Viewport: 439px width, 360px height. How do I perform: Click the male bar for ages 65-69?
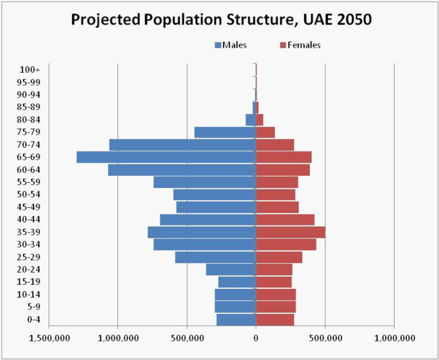click(x=166, y=157)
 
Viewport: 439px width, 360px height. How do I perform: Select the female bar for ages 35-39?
click(x=290, y=232)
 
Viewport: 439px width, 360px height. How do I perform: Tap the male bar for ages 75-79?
click(x=225, y=132)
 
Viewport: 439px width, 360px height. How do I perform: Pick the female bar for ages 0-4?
click(x=275, y=319)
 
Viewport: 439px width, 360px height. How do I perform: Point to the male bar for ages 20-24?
click(x=231, y=270)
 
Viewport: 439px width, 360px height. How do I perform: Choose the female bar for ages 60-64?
click(x=283, y=170)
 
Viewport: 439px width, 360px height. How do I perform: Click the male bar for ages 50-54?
click(x=215, y=195)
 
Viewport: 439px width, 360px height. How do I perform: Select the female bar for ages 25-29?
click(x=279, y=257)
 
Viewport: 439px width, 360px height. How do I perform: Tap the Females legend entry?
click(x=301, y=45)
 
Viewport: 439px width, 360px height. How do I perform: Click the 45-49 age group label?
click(x=29, y=207)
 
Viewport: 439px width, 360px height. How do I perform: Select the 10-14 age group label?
click(x=29, y=294)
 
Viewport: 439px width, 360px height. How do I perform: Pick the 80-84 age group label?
click(x=29, y=119)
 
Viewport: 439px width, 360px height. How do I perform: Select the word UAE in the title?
click(x=314, y=19)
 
